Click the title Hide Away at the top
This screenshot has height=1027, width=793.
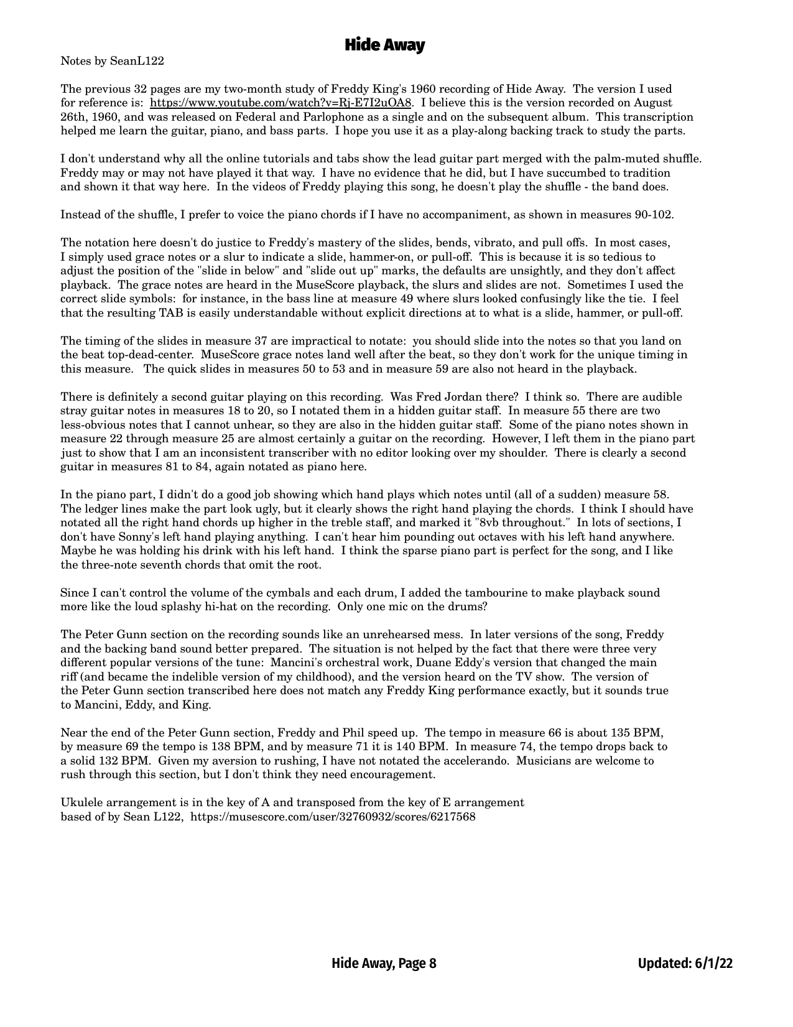pos(384,45)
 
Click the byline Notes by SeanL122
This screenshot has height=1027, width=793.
pos(112,61)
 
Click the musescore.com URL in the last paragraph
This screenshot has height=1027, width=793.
pos(333,816)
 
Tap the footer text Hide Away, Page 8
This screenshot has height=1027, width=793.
pos(384,964)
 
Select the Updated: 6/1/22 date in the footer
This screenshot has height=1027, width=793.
pos(685,964)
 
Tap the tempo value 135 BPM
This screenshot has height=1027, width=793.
pos(636,733)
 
